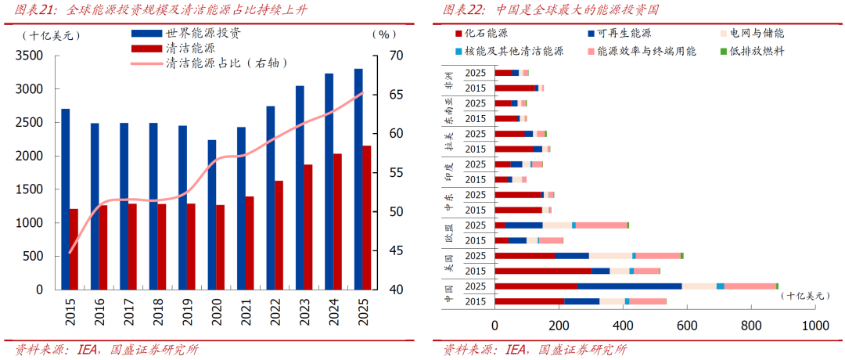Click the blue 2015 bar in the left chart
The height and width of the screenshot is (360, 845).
(65, 199)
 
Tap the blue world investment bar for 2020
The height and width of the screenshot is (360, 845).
(211, 214)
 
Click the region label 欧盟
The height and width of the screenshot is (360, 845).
(448, 232)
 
